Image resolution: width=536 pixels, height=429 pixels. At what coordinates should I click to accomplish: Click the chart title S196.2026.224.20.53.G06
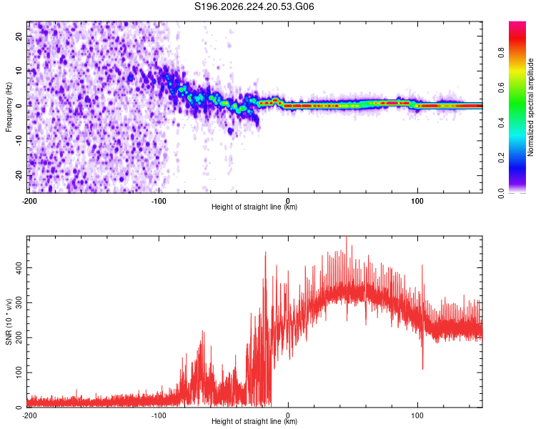click(254, 6)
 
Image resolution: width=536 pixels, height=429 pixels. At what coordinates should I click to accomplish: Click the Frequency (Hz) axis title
click(9, 107)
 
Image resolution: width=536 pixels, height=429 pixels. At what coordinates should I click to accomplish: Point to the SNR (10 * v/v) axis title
click(9, 322)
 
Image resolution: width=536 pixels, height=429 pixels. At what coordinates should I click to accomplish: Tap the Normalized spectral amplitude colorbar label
click(530, 107)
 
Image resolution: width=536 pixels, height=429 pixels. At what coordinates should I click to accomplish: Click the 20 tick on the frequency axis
click(19, 36)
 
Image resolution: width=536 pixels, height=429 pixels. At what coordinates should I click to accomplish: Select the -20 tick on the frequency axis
click(19, 175)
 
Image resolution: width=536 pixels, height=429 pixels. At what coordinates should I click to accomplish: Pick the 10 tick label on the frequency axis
click(19, 71)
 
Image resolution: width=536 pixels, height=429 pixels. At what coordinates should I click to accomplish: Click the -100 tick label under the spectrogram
click(159, 201)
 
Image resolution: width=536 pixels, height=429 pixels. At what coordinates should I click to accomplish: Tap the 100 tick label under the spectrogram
click(417, 201)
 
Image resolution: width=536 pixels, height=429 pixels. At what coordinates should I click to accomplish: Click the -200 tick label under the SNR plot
click(29, 415)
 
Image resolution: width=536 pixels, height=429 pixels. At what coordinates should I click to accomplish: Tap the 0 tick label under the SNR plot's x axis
click(288, 415)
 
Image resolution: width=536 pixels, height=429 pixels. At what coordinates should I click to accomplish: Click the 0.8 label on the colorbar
click(501, 53)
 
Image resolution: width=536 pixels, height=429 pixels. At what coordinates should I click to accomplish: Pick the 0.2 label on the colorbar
click(501, 157)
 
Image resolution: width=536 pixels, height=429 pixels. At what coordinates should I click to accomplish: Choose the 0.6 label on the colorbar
click(501, 87)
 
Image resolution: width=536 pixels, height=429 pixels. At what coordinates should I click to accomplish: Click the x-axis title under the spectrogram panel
click(254, 207)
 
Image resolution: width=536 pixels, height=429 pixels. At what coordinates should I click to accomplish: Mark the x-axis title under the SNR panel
click(254, 421)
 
